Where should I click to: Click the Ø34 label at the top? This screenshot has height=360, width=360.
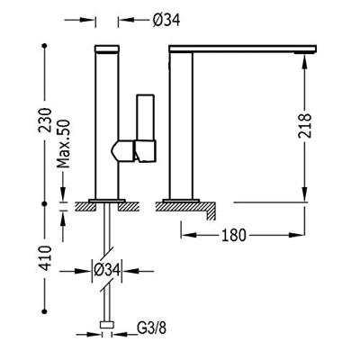[x=166, y=21]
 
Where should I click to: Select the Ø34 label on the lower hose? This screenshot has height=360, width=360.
[x=106, y=270]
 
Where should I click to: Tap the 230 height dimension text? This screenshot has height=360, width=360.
[x=46, y=120]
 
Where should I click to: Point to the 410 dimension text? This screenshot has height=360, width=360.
[x=46, y=258]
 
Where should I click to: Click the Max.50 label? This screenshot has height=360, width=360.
[x=63, y=144]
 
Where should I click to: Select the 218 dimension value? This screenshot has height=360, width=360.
[x=305, y=125]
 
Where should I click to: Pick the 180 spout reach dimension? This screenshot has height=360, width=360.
[x=234, y=235]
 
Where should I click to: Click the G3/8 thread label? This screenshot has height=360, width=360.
[x=151, y=328]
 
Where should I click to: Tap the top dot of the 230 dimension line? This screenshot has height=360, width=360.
[x=45, y=46]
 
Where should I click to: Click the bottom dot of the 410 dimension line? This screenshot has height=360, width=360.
[x=45, y=311]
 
